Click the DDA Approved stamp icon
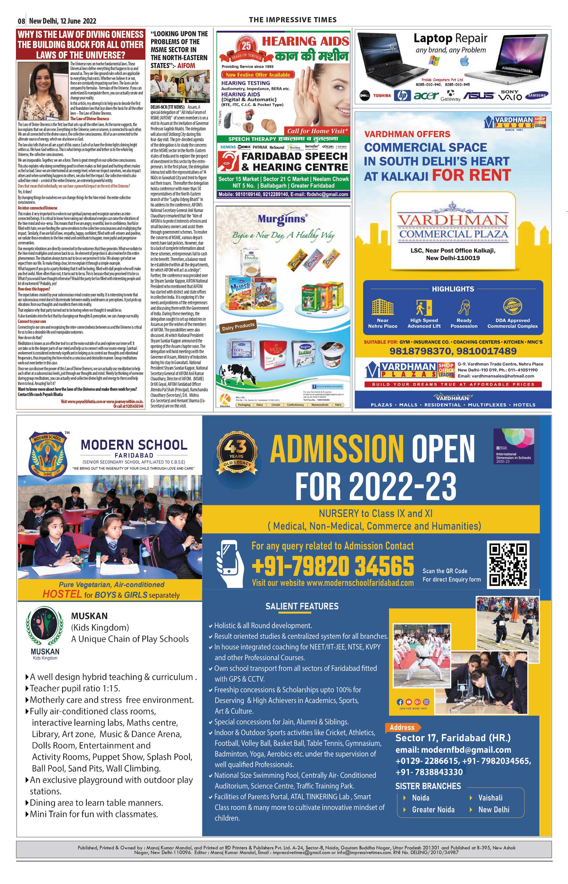click(x=512, y=306)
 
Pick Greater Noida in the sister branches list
click(x=433, y=810)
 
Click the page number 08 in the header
click(x=21, y=21)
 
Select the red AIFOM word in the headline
click(x=186, y=66)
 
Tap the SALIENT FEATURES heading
click(x=302, y=606)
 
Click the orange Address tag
click(x=402, y=727)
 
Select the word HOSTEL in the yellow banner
click(x=62, y=594)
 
